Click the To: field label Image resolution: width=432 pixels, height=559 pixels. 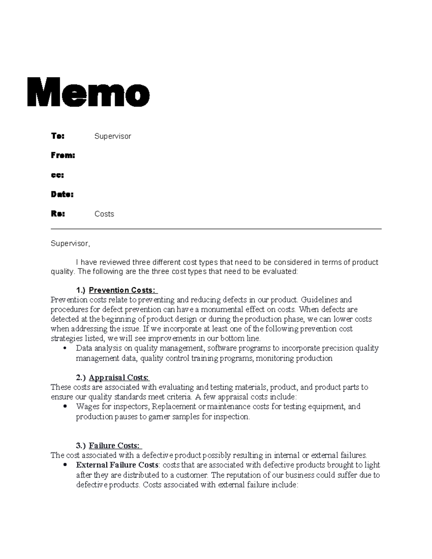click(58, 136)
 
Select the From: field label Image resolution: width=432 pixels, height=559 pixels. click(63, 155)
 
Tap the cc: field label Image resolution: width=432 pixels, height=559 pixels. click(57, 175)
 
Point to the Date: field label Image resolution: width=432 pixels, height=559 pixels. click(62, 194)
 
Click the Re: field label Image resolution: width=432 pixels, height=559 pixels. click(58, 214)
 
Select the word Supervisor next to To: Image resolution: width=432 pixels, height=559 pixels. click(113, 136)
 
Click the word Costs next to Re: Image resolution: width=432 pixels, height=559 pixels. click(104, 214)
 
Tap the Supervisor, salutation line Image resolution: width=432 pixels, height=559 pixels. click(70, 244)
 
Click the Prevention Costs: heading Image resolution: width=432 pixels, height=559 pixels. click(122, 290)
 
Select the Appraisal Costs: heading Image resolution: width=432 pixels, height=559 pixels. click(118, 378)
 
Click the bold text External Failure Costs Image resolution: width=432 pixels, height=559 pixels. click(117, 465)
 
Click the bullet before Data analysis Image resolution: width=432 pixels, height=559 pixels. click(65, 348)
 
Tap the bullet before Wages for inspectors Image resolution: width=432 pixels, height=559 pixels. click(65, 407)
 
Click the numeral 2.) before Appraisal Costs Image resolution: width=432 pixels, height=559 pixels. click(81, 378)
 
